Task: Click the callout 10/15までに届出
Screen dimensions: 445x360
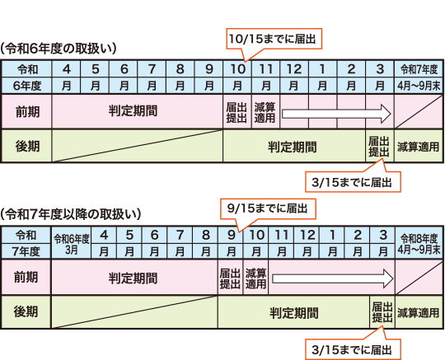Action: coord(274,39)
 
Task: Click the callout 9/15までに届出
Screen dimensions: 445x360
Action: coord(268,208)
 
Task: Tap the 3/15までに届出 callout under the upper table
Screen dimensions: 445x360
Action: coord(353,182)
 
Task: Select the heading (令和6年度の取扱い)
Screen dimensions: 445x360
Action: coord(59,49)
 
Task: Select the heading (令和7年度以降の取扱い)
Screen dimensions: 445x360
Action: coord(71,214)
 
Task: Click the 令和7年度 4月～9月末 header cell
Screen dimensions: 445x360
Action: coord(419,77)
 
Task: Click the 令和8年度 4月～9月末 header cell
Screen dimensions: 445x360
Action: coord(419,243)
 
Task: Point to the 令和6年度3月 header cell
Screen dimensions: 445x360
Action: coord(71,243)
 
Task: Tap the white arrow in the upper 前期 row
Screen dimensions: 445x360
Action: coord(336,114)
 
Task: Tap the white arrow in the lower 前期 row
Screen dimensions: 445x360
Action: coord(333,278)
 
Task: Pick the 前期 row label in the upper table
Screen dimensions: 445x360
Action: coord(27,112)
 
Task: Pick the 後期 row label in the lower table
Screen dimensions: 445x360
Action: coord(26,311)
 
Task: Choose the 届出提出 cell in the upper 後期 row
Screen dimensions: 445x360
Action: coord(379,147)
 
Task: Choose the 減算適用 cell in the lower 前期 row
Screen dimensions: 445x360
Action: coord(255,278)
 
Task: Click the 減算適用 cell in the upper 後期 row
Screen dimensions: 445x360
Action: coord(419,147)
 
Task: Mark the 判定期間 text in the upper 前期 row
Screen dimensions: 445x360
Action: coord(133,111)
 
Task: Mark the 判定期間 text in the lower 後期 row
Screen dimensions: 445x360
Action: coord(293,313)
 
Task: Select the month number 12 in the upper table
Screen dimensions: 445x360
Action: coord(294,69)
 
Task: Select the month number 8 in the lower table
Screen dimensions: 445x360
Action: coord(205,235)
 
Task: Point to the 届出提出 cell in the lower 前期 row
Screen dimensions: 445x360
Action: coord(230,278)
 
